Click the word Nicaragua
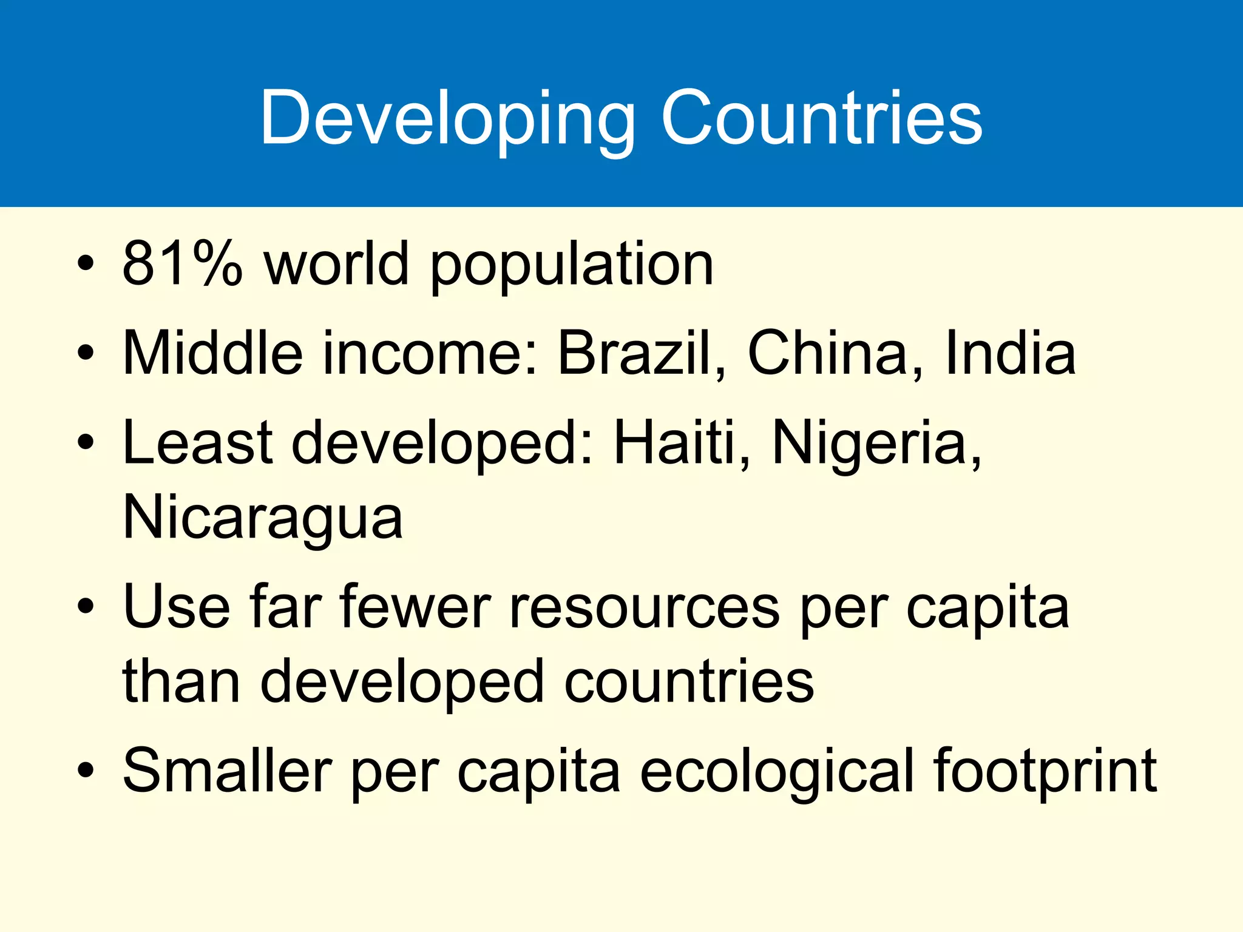[263, 518]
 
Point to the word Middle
[212, 353]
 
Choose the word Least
[198, 442]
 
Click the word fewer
[415, 607]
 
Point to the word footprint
[1046, 771]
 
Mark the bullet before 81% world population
[86, 265]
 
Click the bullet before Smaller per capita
[86, 771]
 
